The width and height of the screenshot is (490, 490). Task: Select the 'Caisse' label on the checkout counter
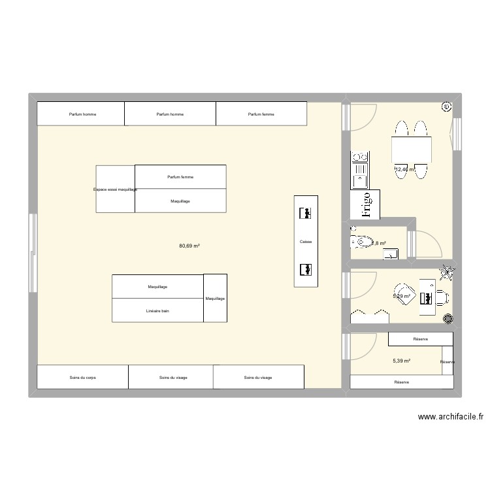tap(306, 242)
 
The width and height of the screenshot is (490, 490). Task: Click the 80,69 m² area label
tap(189, 246)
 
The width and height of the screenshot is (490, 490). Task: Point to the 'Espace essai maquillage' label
tap(116, 189)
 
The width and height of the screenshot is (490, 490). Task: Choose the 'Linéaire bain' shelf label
tap(158, 310)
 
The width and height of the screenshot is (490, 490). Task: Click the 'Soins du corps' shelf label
tap(82, 378)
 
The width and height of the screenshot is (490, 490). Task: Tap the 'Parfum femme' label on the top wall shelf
tap(261, 114)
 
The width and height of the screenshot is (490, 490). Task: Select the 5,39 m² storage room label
tap(401, 361)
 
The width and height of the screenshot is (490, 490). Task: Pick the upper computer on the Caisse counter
tap(305, 214)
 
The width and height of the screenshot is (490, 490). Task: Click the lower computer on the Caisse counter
tap(305, 269)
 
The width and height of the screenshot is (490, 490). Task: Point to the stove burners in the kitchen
tap(359, 157)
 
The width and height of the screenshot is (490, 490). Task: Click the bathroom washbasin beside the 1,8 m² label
tap(390, 253)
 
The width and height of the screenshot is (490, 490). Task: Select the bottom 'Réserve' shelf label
tap(401, 382)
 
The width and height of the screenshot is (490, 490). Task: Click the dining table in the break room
tap(410, 150)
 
